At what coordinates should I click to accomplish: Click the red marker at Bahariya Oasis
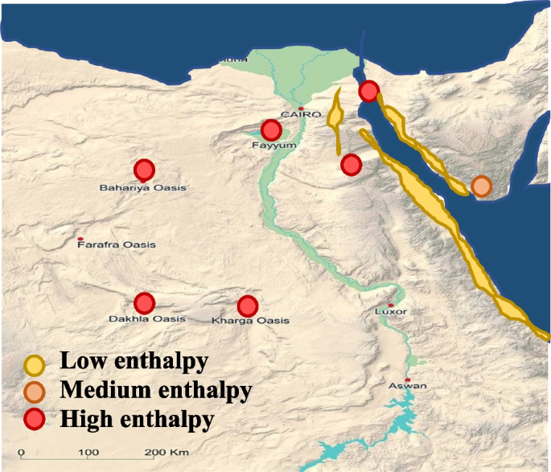click(x=144, y=170)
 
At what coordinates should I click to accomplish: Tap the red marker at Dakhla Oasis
click(x=144, y=302)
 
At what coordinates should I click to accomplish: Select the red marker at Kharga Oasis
click(x=247, y=306)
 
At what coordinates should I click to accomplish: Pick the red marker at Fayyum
click(x=271, y=129)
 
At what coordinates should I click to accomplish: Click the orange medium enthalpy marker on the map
click(x=481, y=187)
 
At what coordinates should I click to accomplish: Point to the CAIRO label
click(x=295, y=116)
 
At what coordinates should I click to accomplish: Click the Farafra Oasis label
click(x=117, y=244)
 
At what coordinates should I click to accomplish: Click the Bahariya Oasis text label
click(x=142, y=187)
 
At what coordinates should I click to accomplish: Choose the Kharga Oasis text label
click(x=250, y=322)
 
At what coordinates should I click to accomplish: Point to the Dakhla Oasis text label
click(x=146, y=319)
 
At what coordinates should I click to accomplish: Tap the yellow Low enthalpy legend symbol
click(x=34, y=366)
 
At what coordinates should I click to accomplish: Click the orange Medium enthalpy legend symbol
click(x=34, y=392)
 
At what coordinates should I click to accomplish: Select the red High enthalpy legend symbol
click(x=34, y=419)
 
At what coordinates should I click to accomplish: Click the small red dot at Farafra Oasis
click(x=80, y=240)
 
